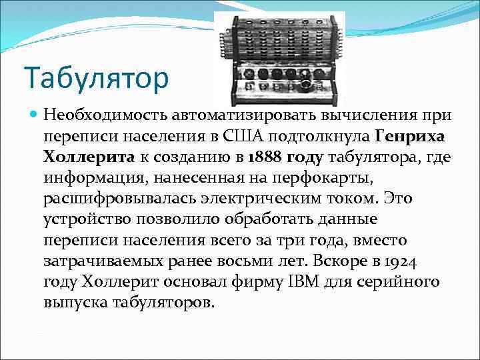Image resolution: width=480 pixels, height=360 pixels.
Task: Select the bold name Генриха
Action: [409, 137]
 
